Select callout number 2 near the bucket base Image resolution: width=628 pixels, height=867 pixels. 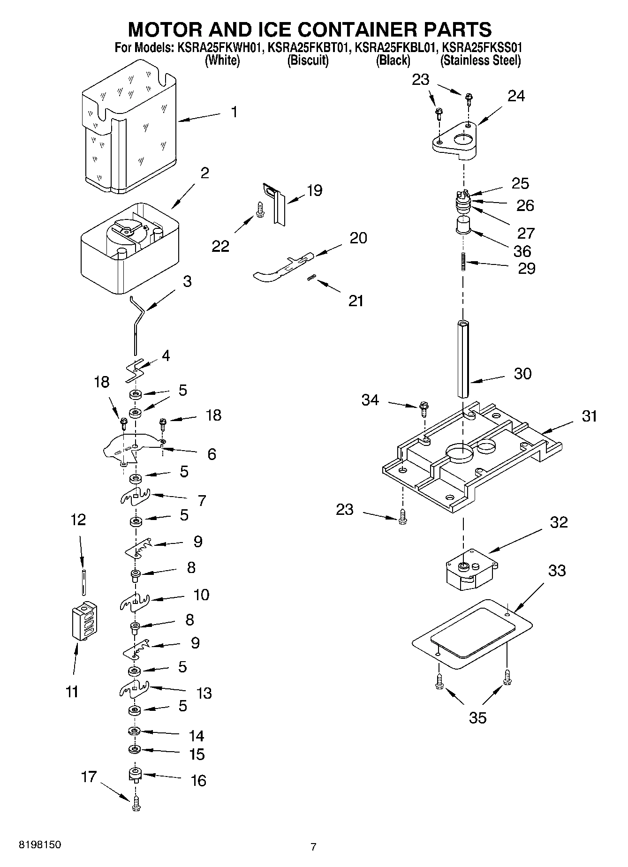(x=204, y=173)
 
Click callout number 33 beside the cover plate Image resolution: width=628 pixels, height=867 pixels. (x=557, y=571)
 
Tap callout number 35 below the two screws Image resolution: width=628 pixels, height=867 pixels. (x=477, y=717)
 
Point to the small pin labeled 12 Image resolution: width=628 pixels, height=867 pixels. (x=83, y=582)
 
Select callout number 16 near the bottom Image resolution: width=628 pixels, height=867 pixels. (x=198, y=780)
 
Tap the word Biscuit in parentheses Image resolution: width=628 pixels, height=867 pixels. (x=308, y=60)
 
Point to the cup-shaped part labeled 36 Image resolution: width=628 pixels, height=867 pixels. (x=463, y=226)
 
